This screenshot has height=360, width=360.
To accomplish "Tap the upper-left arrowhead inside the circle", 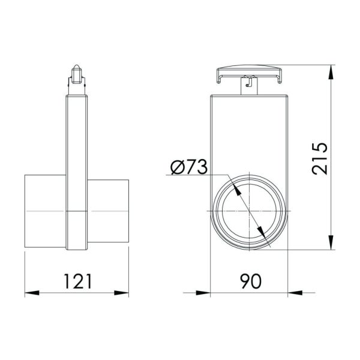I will pyautogui.click(x=236, y=191).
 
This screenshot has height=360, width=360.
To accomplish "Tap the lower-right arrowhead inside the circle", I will pyautogui.click(x=259, y=233).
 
